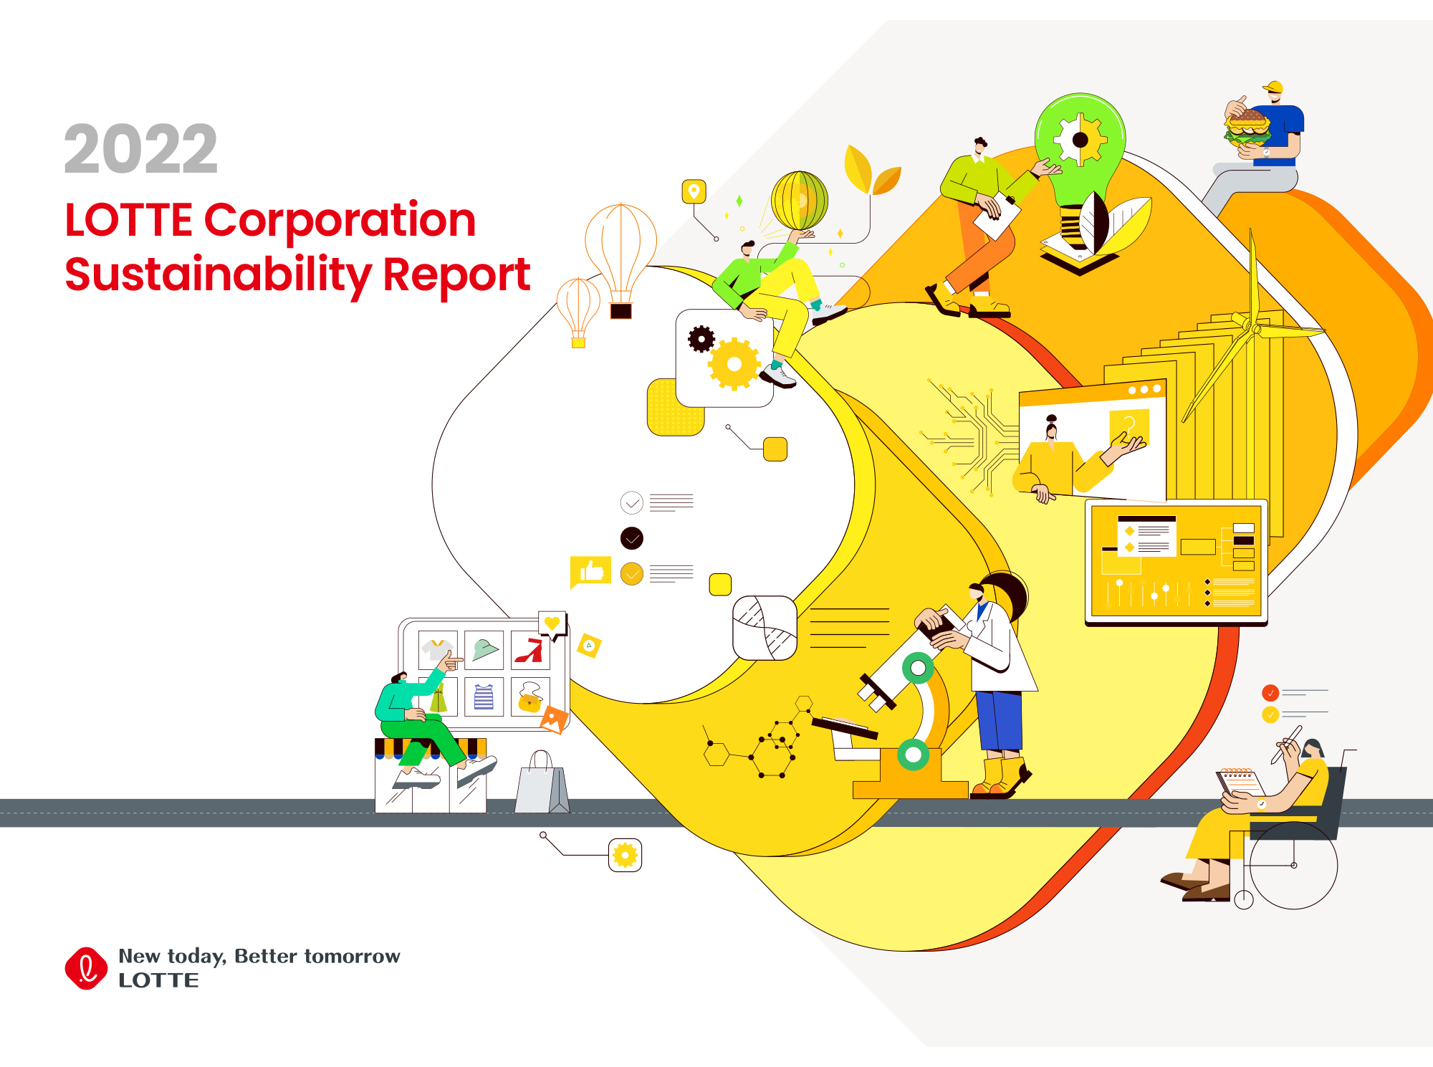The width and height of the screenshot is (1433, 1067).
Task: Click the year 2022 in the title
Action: (141, 149)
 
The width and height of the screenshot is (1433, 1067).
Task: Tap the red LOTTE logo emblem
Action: (86, 968)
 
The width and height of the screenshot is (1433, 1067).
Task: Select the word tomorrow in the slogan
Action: (352, 957)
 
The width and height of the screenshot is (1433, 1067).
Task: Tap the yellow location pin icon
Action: (694, 191)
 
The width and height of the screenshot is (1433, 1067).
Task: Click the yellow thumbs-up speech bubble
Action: (590, 572)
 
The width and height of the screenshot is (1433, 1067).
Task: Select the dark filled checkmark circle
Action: (631, 538)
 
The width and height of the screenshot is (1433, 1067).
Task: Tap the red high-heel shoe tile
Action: (530, 650)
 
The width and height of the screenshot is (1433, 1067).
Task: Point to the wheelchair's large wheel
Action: (1294, 866)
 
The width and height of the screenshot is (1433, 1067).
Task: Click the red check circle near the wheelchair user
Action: (1270, 693)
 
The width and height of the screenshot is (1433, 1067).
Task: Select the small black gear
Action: (701, 339)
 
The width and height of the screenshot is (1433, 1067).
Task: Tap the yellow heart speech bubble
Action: (552, 624)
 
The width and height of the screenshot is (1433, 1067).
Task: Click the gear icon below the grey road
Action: (625, 855)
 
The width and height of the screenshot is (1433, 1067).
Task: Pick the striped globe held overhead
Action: (799, 200)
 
